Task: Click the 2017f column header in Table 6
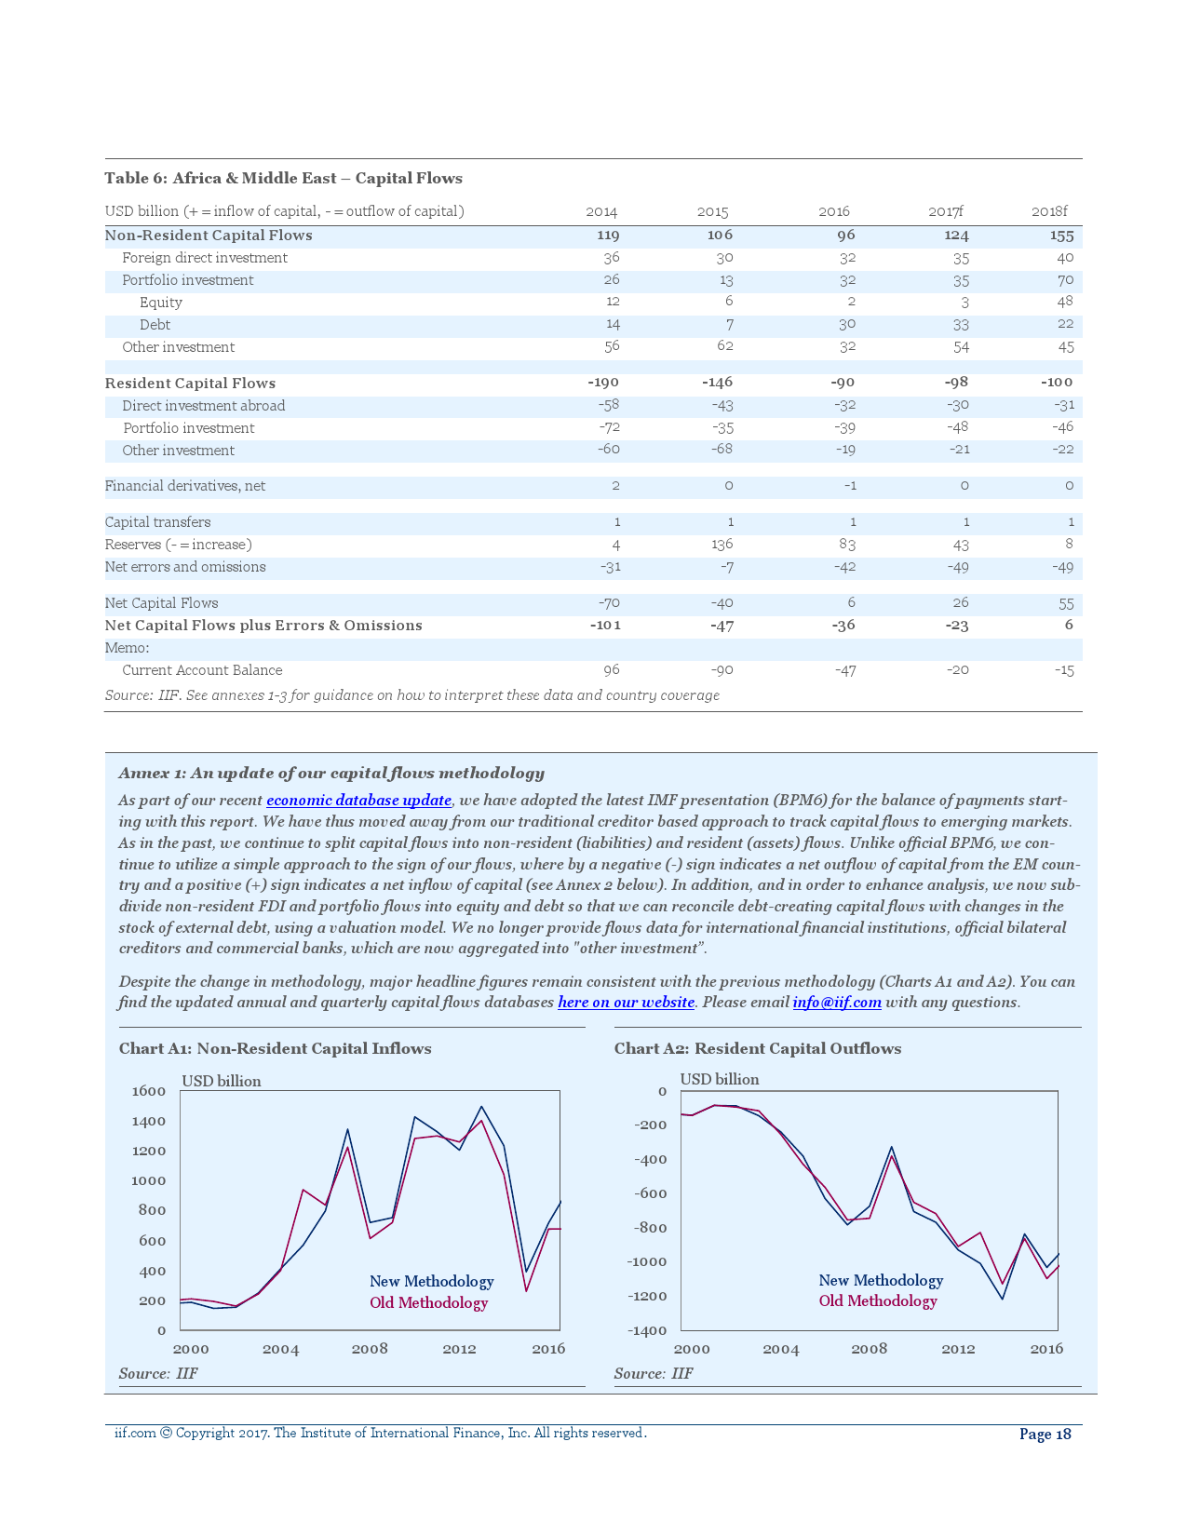pyautogui.click(x=945, y=211)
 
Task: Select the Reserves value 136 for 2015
pyautogui.click(x=722, y=545)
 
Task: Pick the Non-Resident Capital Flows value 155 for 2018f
pyautogui.click(x=1061, y=236)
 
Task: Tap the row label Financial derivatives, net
pyautogui.click(x=185, y=486)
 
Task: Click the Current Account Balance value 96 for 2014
pyautogui.click(x=611, y=670)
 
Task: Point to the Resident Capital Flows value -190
pyautogui.click(x=603, y=383)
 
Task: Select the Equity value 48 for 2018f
pyautogui.click(x=1065, y=302)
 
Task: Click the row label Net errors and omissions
pyautogui.click(x=185, y=567)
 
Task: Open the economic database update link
pyautogui.click(x=358, y=801)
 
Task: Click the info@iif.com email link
pyautogui.click(x=837, y=1003)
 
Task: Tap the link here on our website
pyautogui.click(x=626, y=1003)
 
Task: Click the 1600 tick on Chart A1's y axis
pyautogui.click(x=149, y=1091)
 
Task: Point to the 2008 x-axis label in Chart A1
pyautogui.click(x=370, y=1349)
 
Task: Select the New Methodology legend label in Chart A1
pyautogui.click(x=431, y=1282)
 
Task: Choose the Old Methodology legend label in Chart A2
pyautogui.click(x=878, y=1301)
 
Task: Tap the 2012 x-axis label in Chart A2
pyautogui.click(x=958, y=1349)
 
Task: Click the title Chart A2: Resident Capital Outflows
pyautogui.click(x=758, y=1049)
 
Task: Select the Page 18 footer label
pyautogui.click(x=1045, y=1435)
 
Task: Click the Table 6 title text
pyautogui.click(x=283, y=179)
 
